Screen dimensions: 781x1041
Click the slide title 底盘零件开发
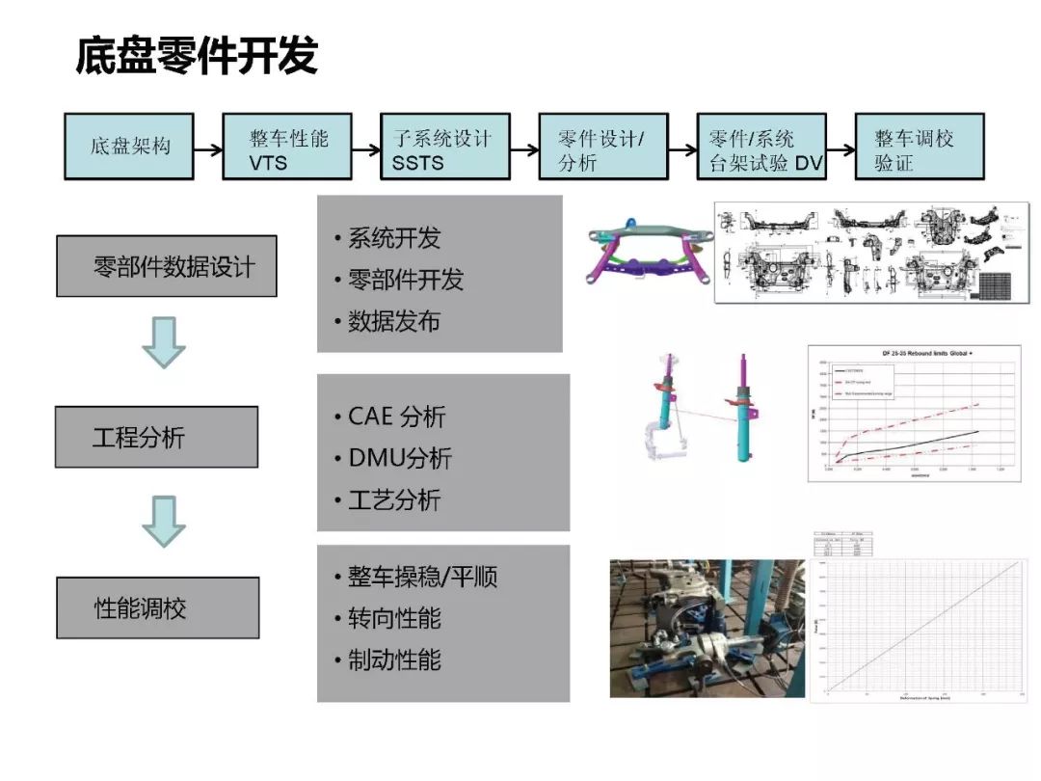click(x=197, y=57)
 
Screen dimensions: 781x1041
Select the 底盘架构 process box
click(x=129, y=147)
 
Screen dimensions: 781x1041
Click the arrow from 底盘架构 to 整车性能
click(x=207, y=149)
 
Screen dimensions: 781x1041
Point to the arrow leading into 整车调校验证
click(x=841, y=149)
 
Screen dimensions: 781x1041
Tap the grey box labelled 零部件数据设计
click(x=167, y=266)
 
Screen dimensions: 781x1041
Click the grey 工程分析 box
click(x=156, y=437)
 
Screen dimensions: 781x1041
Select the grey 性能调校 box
click(x=157, y=607)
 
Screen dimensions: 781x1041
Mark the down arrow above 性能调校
click(x=163, y=522)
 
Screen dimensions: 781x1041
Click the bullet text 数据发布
click(x=394, y=322)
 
